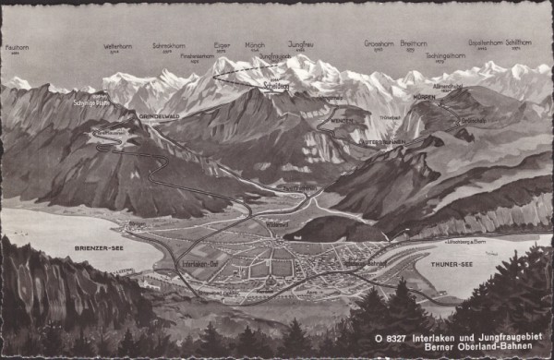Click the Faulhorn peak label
18,47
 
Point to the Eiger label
223,43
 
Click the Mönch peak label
255,43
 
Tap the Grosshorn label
378,43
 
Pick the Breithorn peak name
413,43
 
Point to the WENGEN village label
342,121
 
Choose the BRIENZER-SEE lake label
93,249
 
